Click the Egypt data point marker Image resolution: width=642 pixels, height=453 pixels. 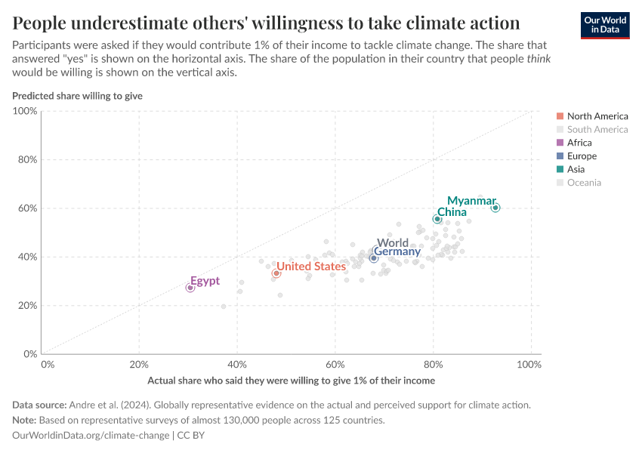coord(190,288)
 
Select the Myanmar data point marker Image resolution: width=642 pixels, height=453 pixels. coord(495,208)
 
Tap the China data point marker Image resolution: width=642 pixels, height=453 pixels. coord(437,219)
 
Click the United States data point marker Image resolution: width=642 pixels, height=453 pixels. coord(276,273)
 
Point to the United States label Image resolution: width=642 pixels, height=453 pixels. coord(310,267)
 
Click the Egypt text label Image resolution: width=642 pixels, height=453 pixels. coord(205,281)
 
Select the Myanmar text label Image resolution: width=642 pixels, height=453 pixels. coord(471,201)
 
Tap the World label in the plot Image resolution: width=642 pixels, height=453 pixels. coord(392,243)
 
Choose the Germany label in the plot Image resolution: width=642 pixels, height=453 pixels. coord(397,251)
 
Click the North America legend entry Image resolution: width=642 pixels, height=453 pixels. coord(597,116)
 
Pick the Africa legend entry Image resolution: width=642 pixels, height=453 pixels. coord(579,143)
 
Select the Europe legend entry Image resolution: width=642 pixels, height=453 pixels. coord(582,156)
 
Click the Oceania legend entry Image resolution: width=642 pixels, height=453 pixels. coord(584,183)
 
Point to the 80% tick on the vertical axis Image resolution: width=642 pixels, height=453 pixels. coord(26,159)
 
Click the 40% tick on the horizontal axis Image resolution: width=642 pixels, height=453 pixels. coord(237,364)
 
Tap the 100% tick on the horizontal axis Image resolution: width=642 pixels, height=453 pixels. coord(529,364)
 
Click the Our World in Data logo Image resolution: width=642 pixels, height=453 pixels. coord(606,24)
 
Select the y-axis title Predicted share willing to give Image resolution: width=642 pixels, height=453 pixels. coord(77,96)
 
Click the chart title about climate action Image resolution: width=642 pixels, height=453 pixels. coord(266,23)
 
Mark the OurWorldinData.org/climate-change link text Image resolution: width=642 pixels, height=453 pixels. coord(91,436)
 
